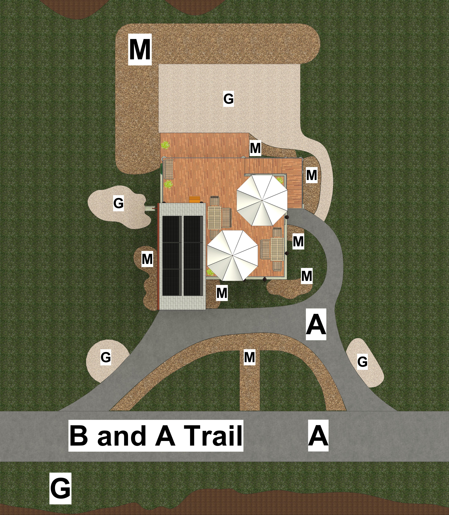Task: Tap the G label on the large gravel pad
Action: pos(228,99)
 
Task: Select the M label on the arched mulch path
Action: pos(250,357)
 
